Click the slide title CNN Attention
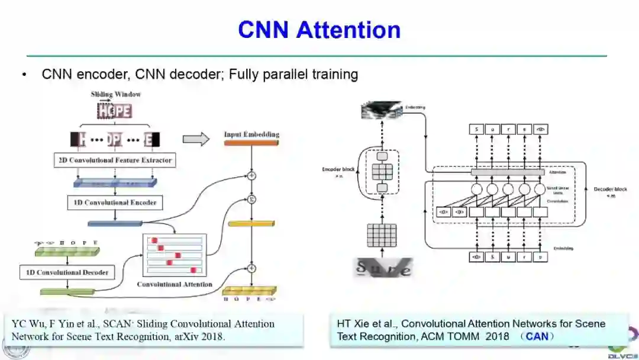click(x=319, y=30)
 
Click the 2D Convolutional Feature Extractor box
click(x=115, y=160)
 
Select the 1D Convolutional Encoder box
click(x=115, y=202)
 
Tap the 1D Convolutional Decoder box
click(x=66, y=272)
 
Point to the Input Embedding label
click(x=251, y=134)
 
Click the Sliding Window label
click(x=115, y=94)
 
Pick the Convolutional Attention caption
click(x=175, y=284)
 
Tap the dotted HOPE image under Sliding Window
click(x=115, y=111)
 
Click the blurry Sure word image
click(x=382, y=268)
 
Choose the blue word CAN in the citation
click(x=537, y=336)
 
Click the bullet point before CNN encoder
click(x=24, y=75)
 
